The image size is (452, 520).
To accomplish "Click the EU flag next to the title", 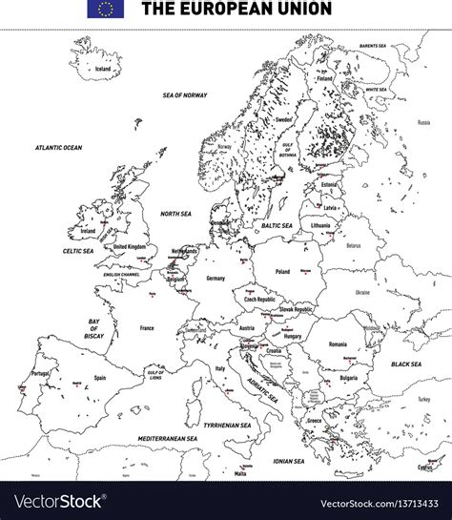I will tap(105, 10).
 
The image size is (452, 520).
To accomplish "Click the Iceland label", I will tap(103, 69).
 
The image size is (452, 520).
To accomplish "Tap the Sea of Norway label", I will tap(185, 95).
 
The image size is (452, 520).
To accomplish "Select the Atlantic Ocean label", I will tap(59, 148).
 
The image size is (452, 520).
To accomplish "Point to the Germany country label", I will tap(216, 278).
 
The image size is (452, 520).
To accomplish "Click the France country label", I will tap(147, 327).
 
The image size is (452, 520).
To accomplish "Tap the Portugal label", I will tap(40, 373).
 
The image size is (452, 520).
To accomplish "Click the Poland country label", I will tap(282, 271).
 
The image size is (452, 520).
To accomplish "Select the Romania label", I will tap(338, 343).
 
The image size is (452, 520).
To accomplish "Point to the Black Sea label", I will tap(406, 364).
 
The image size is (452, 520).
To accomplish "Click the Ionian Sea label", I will tap(290, 461).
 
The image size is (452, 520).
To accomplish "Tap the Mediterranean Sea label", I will tap(166, 438).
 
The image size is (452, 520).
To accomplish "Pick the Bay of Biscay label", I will tap(93, 328).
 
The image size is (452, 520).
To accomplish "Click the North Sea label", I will tap(175, 215).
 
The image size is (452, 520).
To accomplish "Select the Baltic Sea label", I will tap(277, 225).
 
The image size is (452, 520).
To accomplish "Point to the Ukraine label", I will tap(362, 292).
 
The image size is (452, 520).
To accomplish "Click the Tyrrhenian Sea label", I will tap(227, 425).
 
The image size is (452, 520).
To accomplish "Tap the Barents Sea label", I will tap(372, 46).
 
